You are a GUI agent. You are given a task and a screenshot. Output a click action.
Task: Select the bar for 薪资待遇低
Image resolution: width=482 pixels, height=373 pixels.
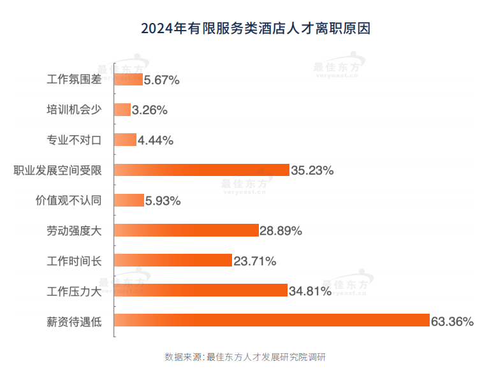272,320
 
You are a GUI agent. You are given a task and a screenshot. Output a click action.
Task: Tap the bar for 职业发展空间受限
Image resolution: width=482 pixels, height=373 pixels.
201,170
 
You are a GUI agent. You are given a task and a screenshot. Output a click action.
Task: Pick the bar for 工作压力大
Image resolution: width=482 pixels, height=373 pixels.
200,290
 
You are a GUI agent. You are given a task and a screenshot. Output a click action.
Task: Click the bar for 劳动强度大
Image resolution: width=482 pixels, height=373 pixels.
186,230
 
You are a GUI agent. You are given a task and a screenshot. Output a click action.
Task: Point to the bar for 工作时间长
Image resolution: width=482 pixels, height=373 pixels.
173,260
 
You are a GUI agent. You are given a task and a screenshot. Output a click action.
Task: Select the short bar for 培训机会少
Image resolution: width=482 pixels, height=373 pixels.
122,110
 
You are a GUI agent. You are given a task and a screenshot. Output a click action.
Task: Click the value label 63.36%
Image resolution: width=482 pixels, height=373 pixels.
452,320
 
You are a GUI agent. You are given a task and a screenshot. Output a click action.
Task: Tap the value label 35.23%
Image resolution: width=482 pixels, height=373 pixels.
312,170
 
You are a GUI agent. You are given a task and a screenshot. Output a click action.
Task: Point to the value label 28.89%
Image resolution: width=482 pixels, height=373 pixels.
281,230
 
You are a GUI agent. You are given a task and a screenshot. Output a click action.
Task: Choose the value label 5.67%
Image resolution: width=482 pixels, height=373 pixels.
162,80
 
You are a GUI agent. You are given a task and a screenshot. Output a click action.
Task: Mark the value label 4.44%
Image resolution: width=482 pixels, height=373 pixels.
156,140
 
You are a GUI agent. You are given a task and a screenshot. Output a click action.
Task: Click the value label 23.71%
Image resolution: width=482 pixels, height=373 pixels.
254,260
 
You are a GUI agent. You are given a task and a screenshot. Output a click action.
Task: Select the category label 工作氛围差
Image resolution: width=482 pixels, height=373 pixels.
74,80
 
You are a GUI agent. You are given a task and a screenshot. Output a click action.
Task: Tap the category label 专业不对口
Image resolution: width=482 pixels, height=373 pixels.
74,140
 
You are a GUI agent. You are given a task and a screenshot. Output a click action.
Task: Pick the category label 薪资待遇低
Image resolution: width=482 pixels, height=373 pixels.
74,320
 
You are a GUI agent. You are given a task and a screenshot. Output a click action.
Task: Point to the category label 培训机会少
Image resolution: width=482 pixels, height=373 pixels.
74,110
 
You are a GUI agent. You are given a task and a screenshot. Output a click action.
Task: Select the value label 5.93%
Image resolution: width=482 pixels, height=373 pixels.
163,200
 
